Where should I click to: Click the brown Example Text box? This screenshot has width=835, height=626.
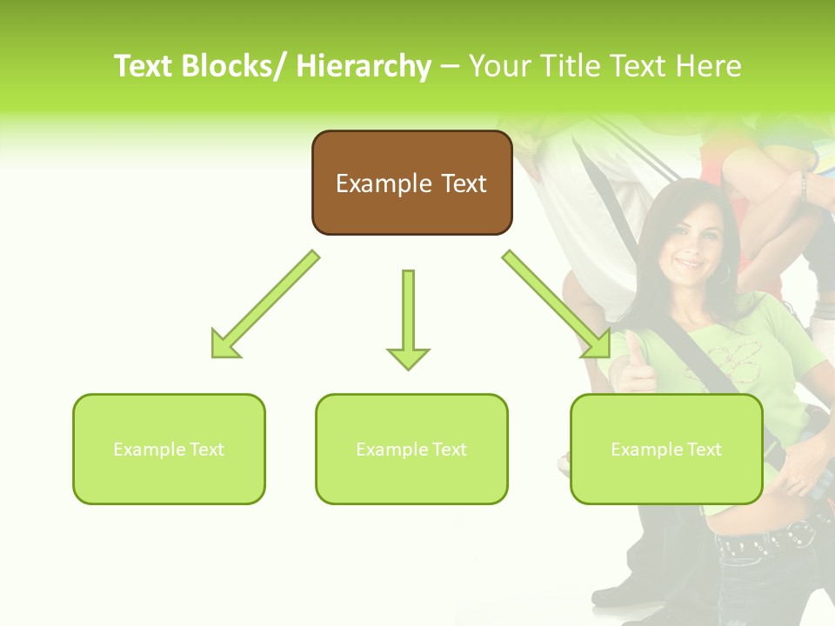tap(411, 183)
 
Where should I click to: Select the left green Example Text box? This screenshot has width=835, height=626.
tap(169, 449)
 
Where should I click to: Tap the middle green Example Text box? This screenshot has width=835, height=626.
tap(411, 449)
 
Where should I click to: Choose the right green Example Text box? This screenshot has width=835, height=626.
tap(666, 449)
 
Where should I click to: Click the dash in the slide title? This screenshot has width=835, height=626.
tap(450, 66)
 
